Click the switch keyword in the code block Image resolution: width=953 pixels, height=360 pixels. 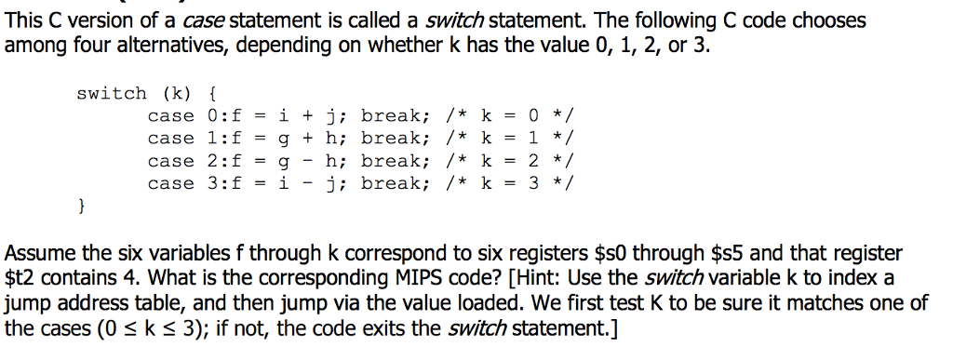[x=111, y=93]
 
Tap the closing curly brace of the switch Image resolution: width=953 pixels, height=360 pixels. [x=82, y=206]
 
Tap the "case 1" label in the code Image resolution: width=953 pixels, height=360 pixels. [x=182, y=139]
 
